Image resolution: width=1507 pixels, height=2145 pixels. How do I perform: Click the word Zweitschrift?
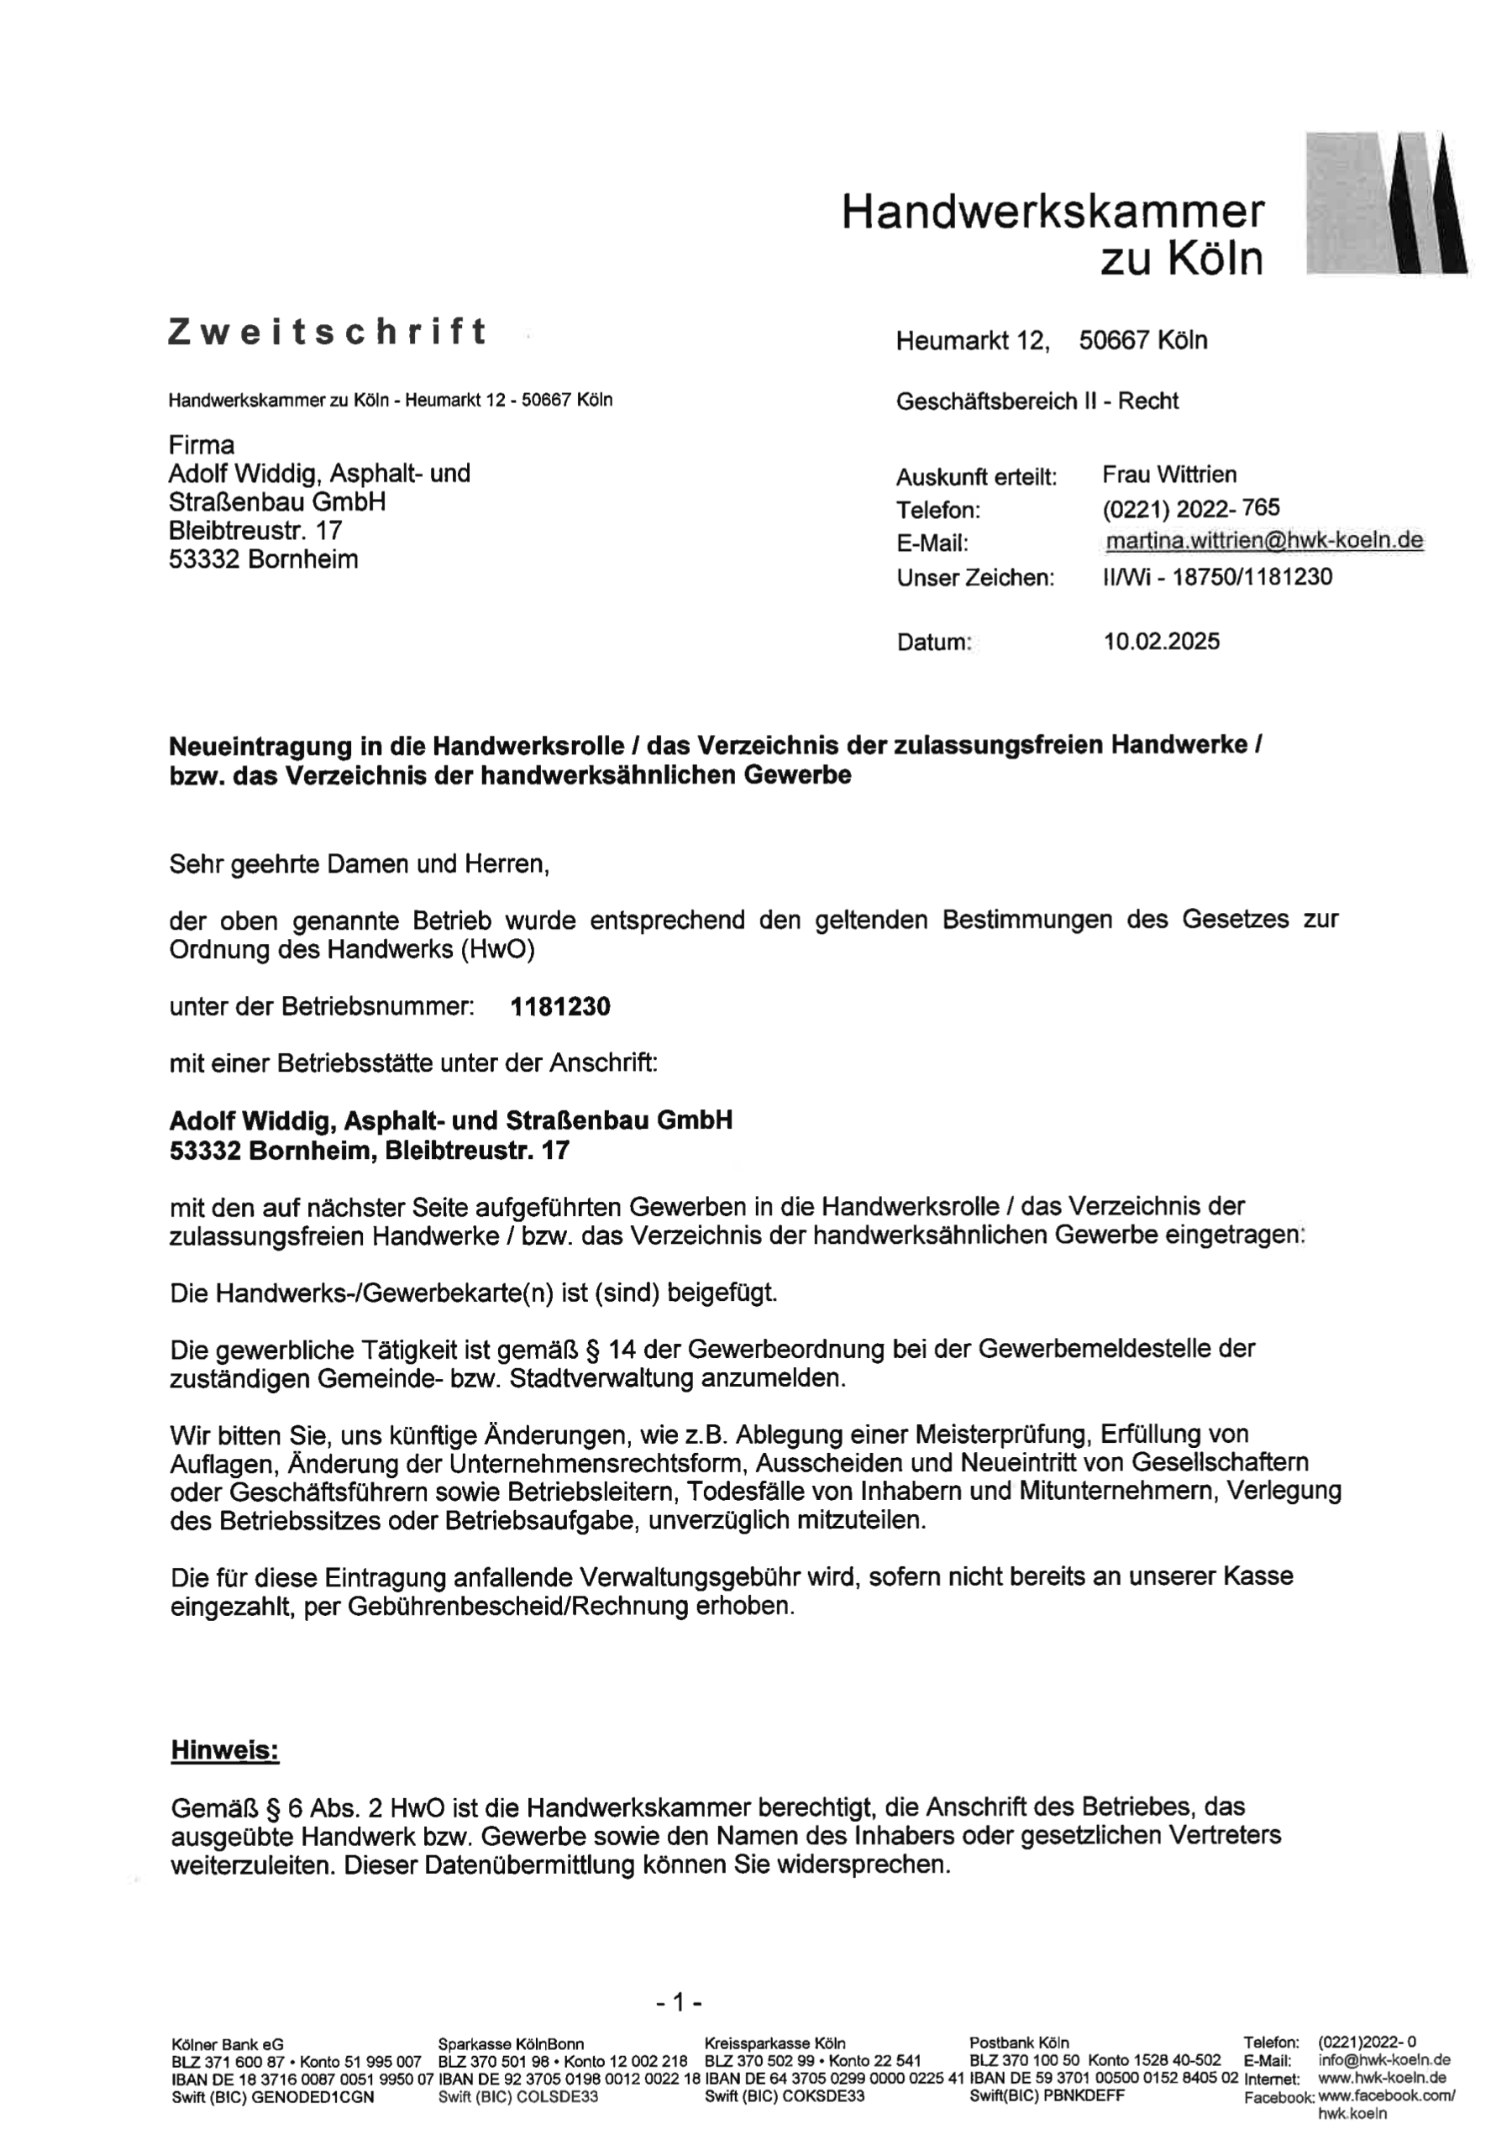[327, 332]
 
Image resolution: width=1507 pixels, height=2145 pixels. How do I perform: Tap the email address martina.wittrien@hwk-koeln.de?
[1264, 541]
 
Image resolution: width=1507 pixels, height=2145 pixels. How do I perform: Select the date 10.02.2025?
[1161, 642]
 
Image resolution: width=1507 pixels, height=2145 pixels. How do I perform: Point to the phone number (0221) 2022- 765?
[1190, 509]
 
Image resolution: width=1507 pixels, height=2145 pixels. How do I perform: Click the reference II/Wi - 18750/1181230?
[1216, 576]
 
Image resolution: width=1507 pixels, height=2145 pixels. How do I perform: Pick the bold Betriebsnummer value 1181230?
[560, 1007]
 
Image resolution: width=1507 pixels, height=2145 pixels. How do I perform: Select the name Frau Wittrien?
[1168, 475]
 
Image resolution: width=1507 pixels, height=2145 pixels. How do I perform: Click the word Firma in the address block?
[202, 444]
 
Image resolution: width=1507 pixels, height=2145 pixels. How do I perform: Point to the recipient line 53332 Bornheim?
[264, 559]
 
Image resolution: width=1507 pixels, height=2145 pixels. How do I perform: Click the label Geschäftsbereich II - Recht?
[1037, 401]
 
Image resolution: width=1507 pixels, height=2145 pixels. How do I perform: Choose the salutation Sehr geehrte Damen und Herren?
[359, 864]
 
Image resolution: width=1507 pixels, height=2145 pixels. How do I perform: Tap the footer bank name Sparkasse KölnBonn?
[511, 2043]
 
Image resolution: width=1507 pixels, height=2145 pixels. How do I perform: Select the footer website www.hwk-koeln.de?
[1382, 2079]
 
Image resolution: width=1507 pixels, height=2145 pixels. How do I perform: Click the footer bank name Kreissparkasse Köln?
[775, 2043]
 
